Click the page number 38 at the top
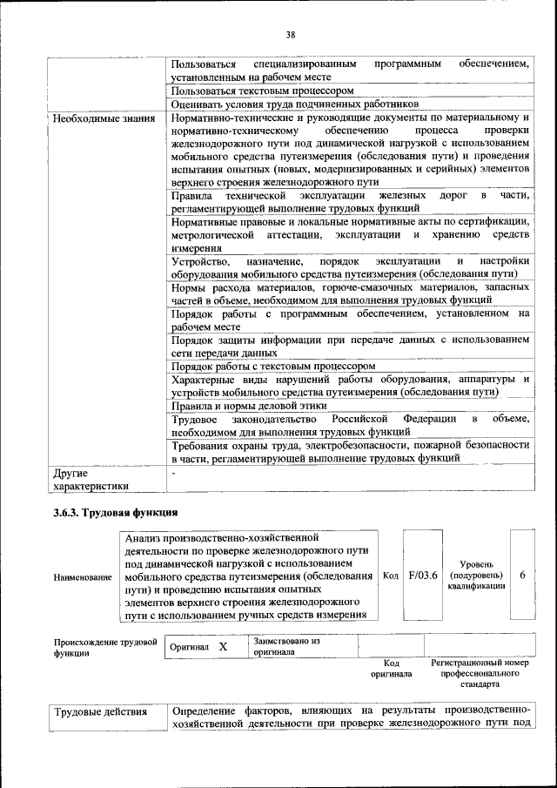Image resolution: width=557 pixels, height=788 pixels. tap(290, 35)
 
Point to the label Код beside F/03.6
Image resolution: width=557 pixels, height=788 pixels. tap(391, 576)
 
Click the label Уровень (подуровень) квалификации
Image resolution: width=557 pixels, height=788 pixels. tap(475, 576)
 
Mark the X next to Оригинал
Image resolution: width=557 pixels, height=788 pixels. tap(223, 647)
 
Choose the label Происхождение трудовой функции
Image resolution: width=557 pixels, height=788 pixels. tap(105, 647)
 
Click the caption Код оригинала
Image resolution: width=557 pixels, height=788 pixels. tap(391, 668)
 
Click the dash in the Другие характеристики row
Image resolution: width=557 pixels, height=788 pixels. tap(175, 473)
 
